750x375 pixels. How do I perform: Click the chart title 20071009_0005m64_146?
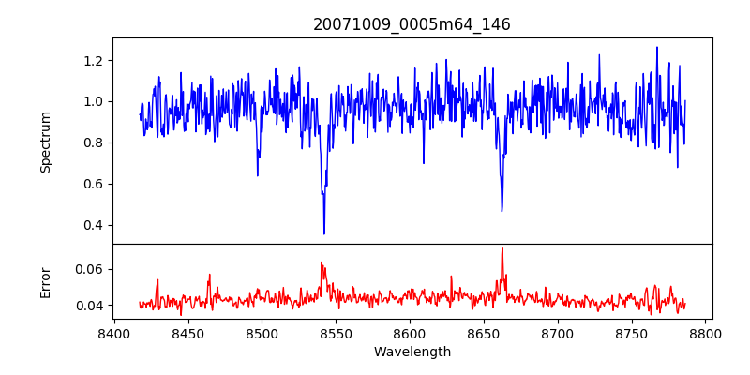(x=412, y=25)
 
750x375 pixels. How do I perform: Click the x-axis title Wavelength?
(x=412, y=352)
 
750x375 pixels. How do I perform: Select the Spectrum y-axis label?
(x=46, y=142)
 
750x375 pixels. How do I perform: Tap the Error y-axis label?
(x=46, y=282)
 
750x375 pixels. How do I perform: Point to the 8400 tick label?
(x=113, y=333)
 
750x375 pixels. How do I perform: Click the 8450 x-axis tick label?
(x=187, y=333)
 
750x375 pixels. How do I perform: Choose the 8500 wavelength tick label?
(x=262, y=333)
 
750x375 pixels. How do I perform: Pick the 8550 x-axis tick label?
(x=336, y=333)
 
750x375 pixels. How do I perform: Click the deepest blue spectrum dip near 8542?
(x=324, y=233)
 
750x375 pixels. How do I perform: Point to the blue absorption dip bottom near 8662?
(x=502, y=211)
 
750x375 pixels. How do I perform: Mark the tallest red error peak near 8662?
(x=502, y=247)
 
